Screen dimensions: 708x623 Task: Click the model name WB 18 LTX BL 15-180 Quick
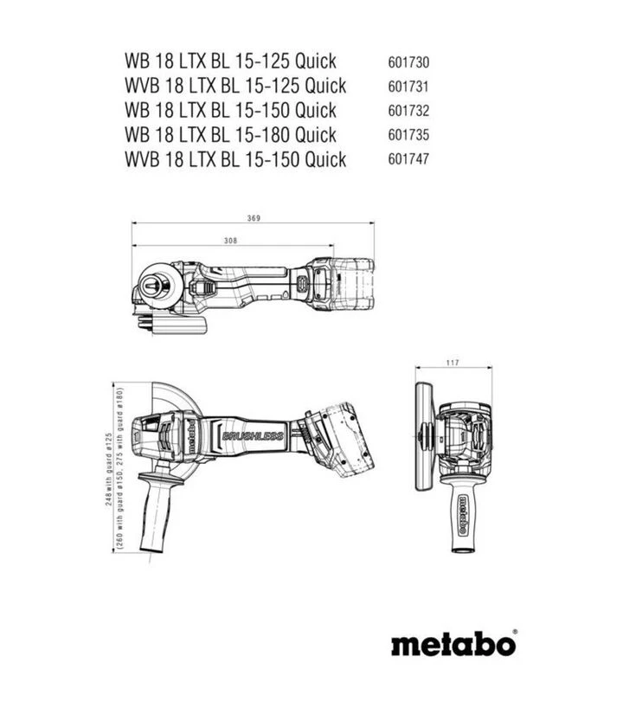(x=230, y=135)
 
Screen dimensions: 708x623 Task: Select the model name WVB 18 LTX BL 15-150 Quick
(x=235, y=159)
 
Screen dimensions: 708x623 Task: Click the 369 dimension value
(x=253, y=218)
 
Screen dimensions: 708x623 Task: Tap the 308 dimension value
(x=230, y=241)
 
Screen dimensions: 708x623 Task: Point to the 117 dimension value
(x=452, y=362)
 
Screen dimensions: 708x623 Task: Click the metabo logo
(x=453, y=645)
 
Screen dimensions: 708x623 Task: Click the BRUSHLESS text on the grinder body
(x=253, y=435)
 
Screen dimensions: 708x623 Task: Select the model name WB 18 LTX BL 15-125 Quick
(x=230, y=61)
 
